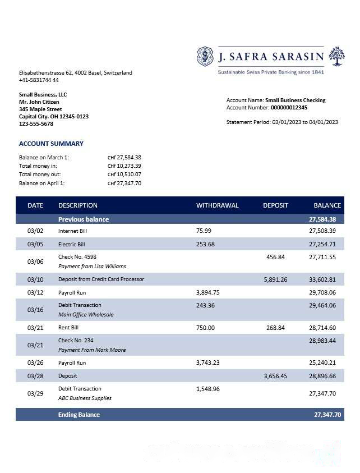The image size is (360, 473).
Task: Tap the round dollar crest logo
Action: (206, 56)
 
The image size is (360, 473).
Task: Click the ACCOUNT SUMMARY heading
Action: (51, 144)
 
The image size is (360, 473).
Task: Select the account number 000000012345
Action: (289, 108)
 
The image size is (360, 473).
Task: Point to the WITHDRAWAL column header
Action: (217, 205)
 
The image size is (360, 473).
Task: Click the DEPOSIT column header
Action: (275, 205)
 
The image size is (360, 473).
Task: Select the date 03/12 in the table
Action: (35, 293)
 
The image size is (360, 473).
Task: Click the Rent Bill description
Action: (68, 328)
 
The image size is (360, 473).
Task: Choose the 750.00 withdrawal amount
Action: (206, 328)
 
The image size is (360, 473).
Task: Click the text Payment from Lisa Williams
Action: (92, 266)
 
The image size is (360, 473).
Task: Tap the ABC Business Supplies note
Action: (85, 398)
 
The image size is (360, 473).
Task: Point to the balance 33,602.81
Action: (322, 279)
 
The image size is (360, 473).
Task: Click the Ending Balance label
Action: (79, 415)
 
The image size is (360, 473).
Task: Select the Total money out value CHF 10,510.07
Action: (124, 174)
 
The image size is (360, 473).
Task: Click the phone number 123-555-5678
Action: (36, 124)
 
